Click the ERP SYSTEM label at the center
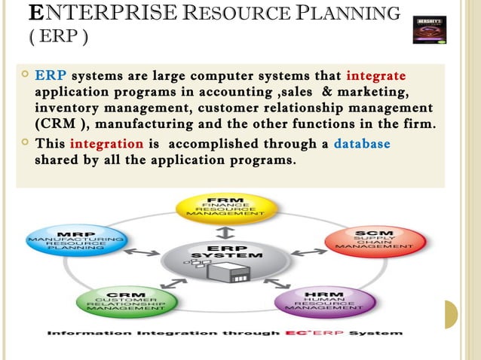pos(227,252)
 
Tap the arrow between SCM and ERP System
pos(305,251)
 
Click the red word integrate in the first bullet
pos(375,77)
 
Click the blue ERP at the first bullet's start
pos(51,77)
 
